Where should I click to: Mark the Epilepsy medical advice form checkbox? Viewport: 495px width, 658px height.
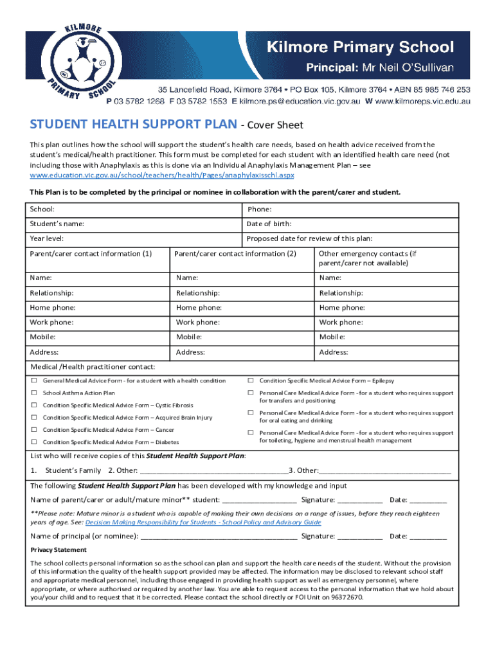pos(251,381)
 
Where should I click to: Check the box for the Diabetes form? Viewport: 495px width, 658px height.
pos(34,441)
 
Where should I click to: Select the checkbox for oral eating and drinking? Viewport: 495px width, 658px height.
pos(251,413)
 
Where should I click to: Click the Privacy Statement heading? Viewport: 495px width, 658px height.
pos(59,550)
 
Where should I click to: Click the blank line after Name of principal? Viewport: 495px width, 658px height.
pos(219,536)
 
